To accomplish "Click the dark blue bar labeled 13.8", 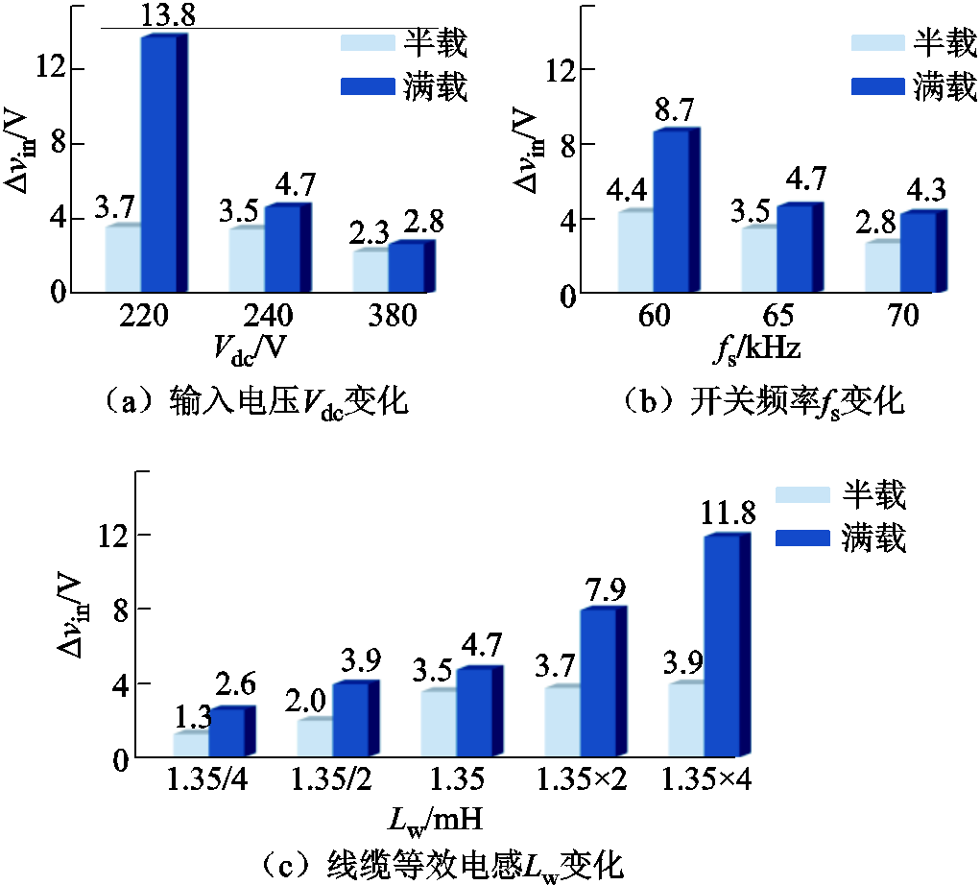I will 158,163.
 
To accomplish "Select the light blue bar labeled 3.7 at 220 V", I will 123,258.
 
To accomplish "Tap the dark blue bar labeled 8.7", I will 669,210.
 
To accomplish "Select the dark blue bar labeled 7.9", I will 598,682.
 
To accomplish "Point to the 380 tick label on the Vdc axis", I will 391,317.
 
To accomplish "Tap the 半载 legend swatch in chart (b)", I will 876,42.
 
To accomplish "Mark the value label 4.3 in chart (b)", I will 922,192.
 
